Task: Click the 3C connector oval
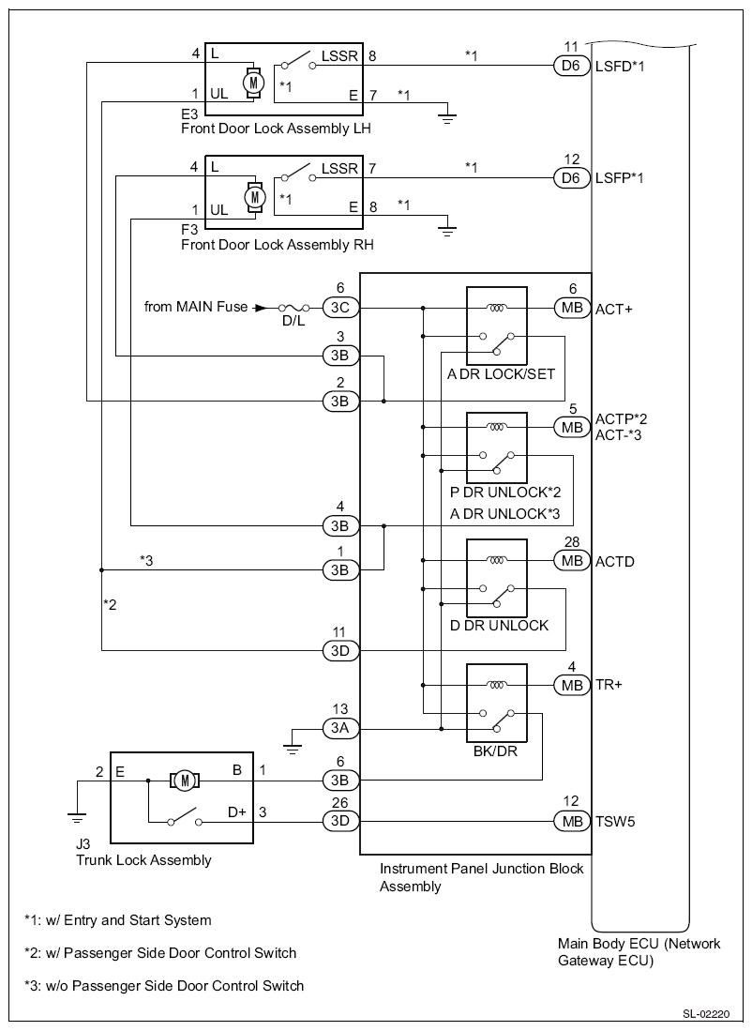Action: (339, 307)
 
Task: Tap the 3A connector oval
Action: (339, 729)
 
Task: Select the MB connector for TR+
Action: (572, 685)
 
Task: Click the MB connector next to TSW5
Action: (572, 821)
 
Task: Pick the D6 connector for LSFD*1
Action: (572, 66)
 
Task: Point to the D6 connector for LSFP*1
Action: (572, 178)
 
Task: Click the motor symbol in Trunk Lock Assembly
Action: (185, 781)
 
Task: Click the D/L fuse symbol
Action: (293, 308)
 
